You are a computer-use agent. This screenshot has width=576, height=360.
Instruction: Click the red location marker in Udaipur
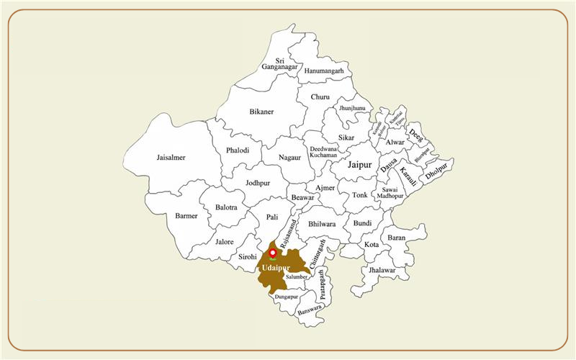point(272,253)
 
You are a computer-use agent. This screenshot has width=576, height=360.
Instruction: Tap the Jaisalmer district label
point(171,158)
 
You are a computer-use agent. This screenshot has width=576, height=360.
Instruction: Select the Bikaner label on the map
point(261,112)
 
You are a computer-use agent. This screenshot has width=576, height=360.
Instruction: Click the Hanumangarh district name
point(324,71)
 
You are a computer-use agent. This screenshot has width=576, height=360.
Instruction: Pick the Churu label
point(320,97)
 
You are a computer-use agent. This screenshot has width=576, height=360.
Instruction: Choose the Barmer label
point(186,215)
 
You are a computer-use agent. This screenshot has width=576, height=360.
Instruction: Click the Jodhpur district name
point(258,183)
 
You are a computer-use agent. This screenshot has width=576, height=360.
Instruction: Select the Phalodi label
point(238,150)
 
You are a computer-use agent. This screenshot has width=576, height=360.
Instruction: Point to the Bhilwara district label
point(322,224)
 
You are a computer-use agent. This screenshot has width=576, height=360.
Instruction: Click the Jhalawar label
point(382,270)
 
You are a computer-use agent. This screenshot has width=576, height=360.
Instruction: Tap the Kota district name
point(372,245)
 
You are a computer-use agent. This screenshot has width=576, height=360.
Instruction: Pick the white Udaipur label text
point(272,268)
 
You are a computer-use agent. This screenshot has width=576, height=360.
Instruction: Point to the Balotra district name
point(226,207)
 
